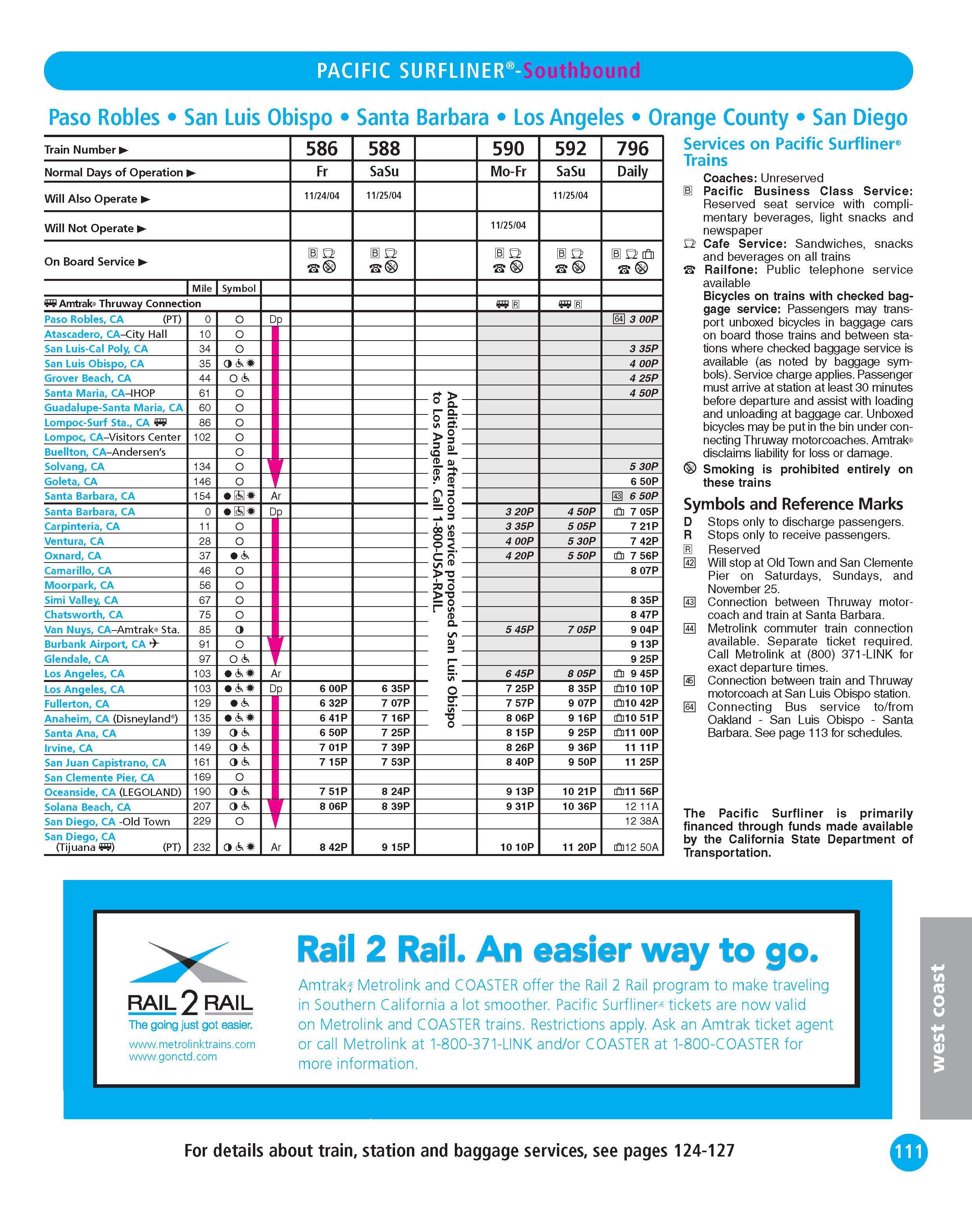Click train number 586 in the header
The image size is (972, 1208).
coord(322,149)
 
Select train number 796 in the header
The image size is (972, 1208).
coord(633,149)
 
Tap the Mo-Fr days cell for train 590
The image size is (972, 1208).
coord(508,171)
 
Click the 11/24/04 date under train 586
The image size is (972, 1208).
coord(322,196)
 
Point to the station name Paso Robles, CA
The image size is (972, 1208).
coord(84,319)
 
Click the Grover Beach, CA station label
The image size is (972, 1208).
coord(88,378)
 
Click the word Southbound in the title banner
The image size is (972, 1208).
coord(582,71)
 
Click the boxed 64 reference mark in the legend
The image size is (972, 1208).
coord(690,707)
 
